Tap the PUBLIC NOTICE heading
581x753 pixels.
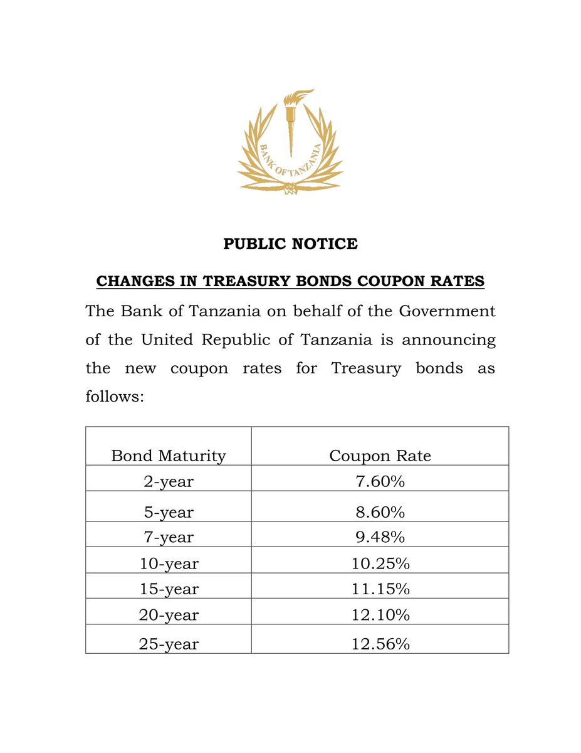[290, 243]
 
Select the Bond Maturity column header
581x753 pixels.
[168, 456]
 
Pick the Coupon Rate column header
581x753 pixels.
[380, 456]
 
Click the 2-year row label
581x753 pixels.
[168, 481]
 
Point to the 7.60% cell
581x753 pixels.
[380, 481]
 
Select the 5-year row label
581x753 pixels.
[168, 512]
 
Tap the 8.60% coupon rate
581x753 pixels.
[380, 512]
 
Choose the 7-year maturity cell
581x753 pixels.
[168, 537]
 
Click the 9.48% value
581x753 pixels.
[380, 537]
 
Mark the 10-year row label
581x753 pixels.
[168, 563]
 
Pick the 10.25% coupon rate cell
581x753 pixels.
[380, 563]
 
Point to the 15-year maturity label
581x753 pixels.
[168, 589]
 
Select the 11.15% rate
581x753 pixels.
[380, 589]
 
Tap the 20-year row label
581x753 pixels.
[168, 615]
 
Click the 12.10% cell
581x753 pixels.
[380, 615]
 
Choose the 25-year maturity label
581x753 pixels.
[168, 643]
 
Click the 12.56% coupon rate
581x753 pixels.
[380, 643]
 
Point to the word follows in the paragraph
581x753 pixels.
[115, 397]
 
